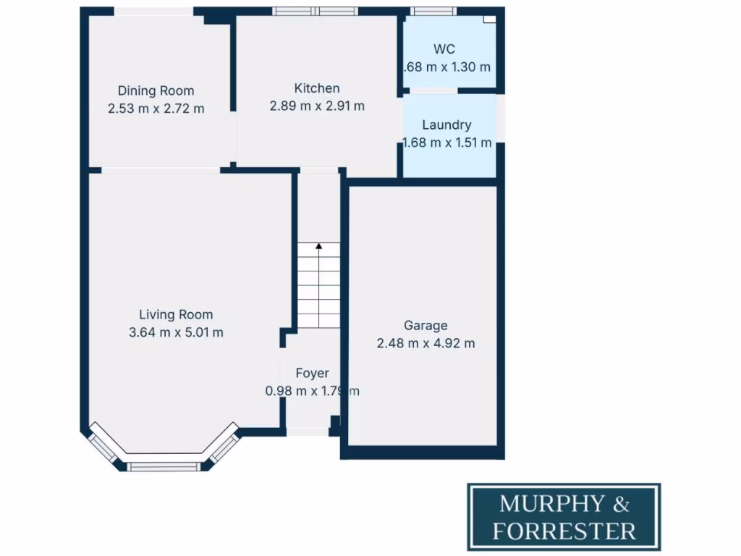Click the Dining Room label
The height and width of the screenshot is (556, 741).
click(156, 90)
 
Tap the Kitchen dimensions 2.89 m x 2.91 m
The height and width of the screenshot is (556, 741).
click(316, 106)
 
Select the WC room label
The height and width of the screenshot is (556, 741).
click(444, 49)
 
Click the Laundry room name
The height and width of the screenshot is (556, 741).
click(446, 125)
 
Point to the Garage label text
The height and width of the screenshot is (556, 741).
click(425, 325)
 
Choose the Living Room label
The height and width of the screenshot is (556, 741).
click(176, 314)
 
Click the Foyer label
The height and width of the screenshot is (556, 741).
click(312, 373)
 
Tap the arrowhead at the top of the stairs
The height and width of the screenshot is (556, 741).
click(318, 247)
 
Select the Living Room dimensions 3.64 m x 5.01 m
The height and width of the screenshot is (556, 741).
click(176, 332)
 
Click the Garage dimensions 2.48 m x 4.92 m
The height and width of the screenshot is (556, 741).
click(425, 343)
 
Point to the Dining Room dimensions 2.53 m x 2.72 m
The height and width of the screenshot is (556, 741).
click(156, 109)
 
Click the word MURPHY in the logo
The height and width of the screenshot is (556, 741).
click(549, 503)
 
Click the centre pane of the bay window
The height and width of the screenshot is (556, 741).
click(163, 467)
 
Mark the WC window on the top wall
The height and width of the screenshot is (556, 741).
click(433, 11)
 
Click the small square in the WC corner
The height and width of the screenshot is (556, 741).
click(490, 20)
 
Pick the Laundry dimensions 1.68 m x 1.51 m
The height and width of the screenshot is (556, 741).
click(446, 143)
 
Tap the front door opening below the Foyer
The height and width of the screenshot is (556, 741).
click(307, 432)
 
